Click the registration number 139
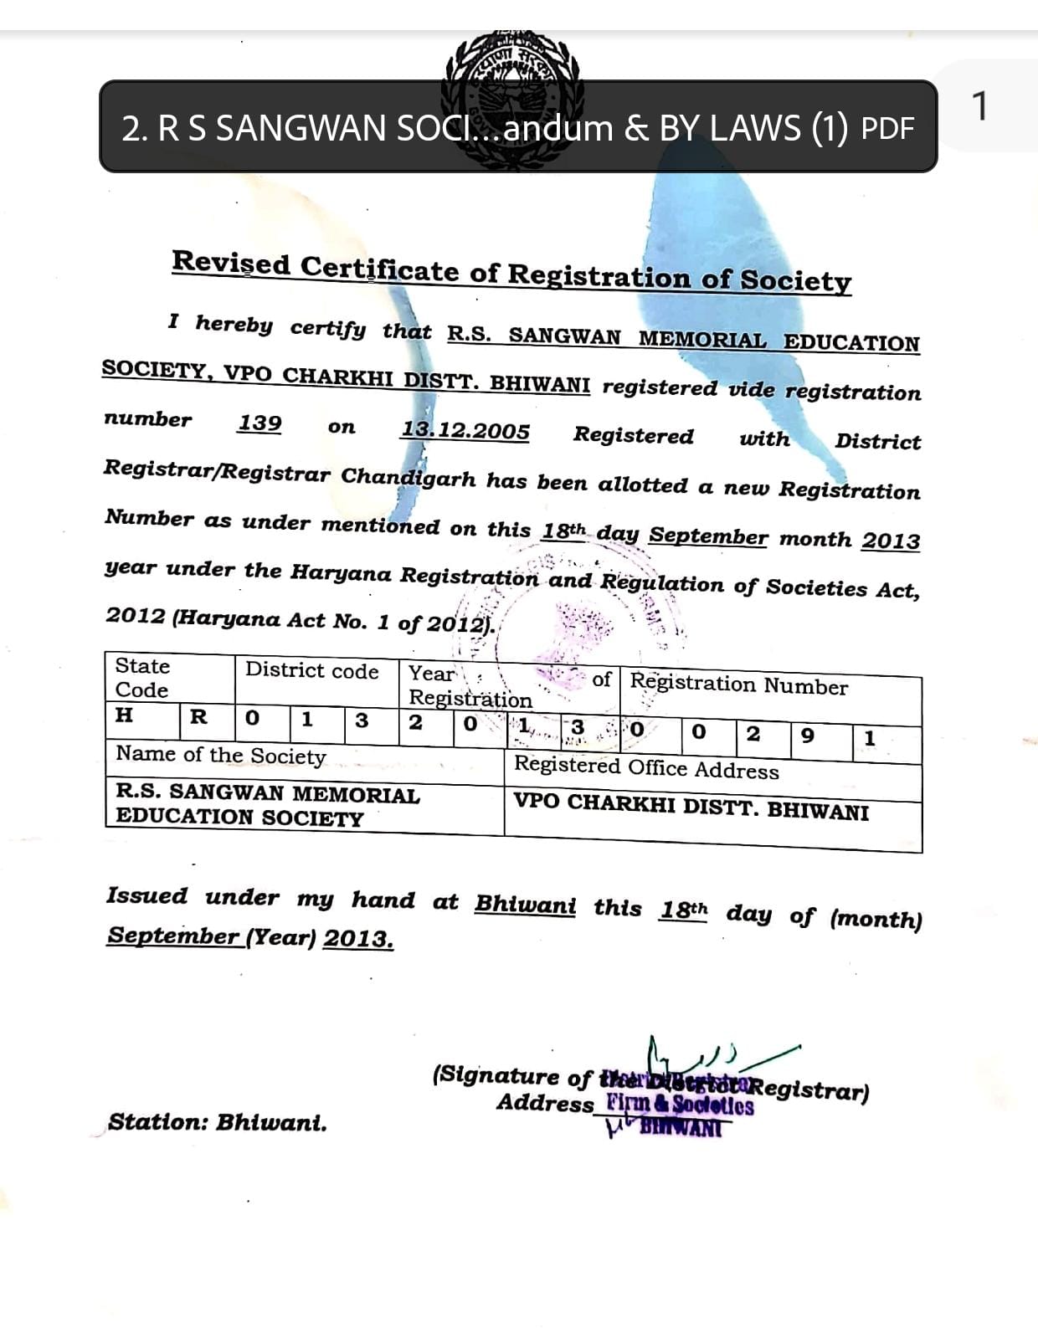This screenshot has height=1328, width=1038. (x=259, y=423)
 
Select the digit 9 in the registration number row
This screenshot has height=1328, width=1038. (x=807, y=736)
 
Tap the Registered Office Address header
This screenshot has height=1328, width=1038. (x=646, y=767)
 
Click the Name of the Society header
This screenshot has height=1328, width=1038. (x=221, y=755)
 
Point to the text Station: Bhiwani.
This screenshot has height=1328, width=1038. (x=217, y=1122)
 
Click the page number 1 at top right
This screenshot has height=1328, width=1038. (x=979, y=107)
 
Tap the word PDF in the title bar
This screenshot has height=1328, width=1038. (x=888, y=129)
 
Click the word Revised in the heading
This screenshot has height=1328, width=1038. (x=231, y=263)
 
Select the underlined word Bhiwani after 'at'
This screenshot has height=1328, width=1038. (x=525, y=905)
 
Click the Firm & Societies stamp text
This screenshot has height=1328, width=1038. (x=680, y=1105)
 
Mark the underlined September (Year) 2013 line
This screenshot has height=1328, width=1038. (x=249, y=937)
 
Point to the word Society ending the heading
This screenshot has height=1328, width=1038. (x=795, y=280)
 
